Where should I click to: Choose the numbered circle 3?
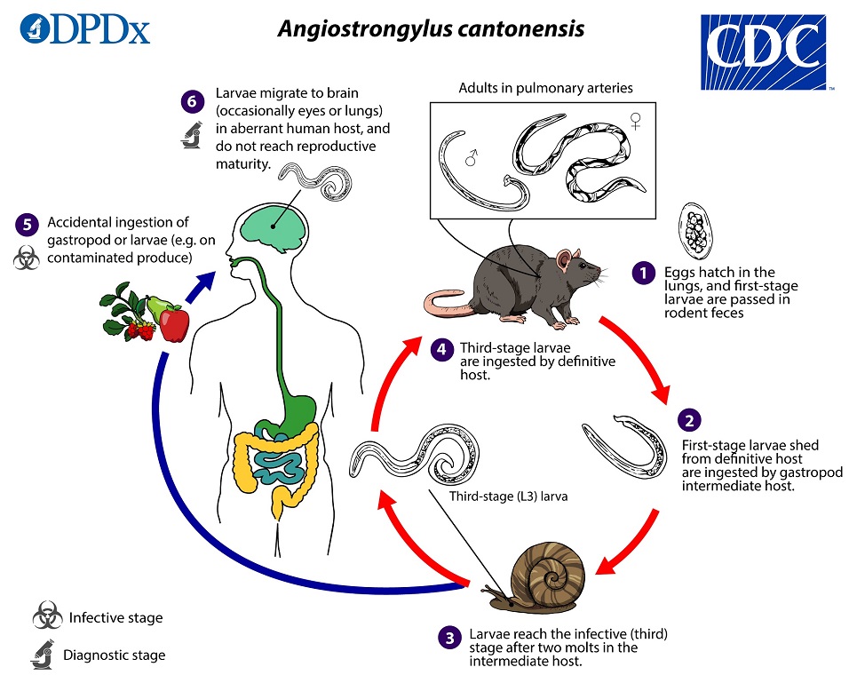tap(450, 636)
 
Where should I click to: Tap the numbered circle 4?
tap(441, 348)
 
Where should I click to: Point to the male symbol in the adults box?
tap(472, 160)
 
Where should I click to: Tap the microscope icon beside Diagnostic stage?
tap(43, 655)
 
